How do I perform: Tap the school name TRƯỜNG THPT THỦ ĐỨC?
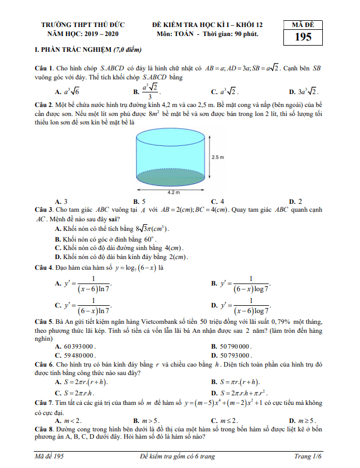pos(83,25)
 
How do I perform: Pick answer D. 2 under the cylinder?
pos(295,201)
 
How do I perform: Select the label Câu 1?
pos(43,68)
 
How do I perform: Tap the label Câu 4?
pos(43,267)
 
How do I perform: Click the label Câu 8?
pos(43,429)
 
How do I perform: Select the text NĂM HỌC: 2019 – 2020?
pos(83,34)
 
